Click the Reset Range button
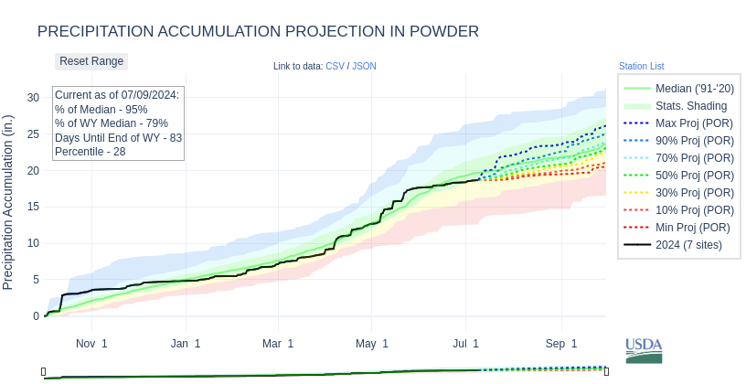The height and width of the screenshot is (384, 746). tap(91, 61)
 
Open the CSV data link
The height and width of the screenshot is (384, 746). tap(336, 66)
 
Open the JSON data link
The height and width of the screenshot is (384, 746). tap(364, 66)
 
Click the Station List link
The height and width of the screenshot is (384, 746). tap(641, 66)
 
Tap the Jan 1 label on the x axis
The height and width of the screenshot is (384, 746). tap(186, 344)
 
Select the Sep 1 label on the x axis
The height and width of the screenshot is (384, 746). tap(562, 344)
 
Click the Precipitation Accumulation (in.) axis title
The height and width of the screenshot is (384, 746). tap(8, 202)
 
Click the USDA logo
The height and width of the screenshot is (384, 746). tap(644, 350)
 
